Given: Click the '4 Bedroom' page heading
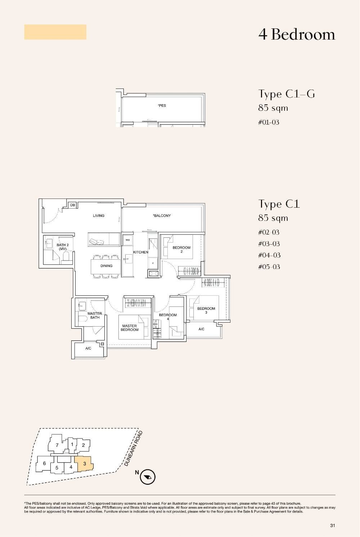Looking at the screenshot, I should coord(297,35).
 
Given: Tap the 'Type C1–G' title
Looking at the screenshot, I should coord(287,94).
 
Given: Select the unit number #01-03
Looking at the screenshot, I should coord(269,122).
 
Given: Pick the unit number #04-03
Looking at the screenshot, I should coord(269,255).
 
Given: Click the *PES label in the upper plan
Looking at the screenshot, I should coord(162,106).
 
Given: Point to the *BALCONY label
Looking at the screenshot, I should coord(162,216).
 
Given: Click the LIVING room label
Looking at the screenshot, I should coord(99,216).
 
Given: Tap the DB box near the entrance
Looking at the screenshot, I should coord(73,205).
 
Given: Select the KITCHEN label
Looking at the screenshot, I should coord(141,252).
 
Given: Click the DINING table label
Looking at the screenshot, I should coord(106,266).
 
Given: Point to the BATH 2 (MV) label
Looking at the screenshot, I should coord(62,247).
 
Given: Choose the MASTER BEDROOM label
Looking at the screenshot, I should coord(130,328).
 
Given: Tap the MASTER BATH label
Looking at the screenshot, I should coord(95,315).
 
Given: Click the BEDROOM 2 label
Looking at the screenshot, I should coord(181,249).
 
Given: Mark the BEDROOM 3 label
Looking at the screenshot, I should coord(206,310).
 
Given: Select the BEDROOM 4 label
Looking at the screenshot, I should coord(168,317).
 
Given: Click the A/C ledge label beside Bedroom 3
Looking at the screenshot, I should coord(202,329).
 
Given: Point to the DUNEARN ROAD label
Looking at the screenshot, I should coord(134,449).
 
